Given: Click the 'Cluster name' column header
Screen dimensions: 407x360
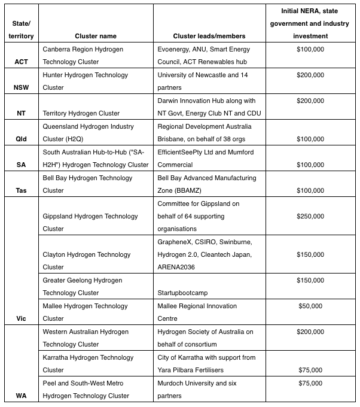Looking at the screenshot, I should pyautogui.click(x=95, y=36).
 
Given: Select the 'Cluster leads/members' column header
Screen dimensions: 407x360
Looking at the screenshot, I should pyautogui.click(x=201, y=36).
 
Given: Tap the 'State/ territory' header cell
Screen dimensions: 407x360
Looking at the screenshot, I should pyautogui.click(x=19, y=30).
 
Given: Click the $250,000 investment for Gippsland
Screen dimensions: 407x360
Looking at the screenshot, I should pyautogui.click(x=310, y=216).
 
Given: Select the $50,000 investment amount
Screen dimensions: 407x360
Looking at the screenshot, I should pyautogui.click(x=310, y=306).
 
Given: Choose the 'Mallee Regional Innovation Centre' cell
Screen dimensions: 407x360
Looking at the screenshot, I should pyautogui.click(x=197, y=312).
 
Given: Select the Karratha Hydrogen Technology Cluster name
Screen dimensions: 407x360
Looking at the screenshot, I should pyautogui.click(x=88, y=363).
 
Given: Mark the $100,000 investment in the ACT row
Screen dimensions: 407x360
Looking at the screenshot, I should pyautogui.click(x=310, y=49).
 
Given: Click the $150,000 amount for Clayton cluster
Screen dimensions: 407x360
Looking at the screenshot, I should pyautogui.click(x=310, y=254).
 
